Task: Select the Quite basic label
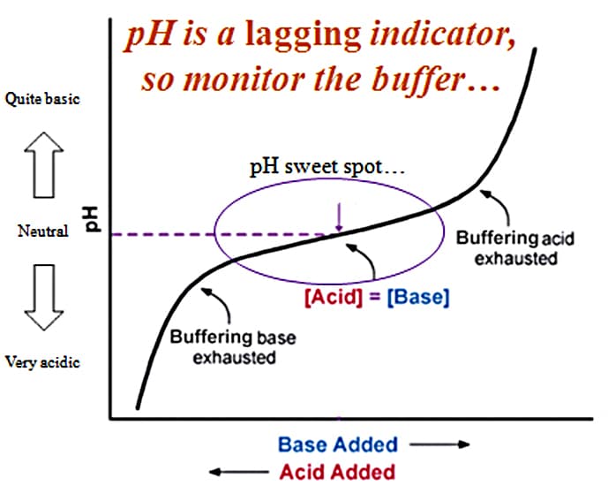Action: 42,99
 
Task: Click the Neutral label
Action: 43,231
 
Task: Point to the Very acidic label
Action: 42,362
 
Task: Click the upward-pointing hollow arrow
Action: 44,165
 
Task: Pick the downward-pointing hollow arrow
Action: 44,298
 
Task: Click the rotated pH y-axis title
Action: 93,220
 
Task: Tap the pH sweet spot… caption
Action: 327,167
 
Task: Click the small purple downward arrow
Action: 339,217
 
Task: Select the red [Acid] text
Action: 334,298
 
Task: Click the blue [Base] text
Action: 418,298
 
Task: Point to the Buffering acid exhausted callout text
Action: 515,248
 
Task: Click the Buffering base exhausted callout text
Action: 233,347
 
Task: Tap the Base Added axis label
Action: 338,444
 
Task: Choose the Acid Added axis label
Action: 337,472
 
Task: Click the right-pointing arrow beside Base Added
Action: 440,444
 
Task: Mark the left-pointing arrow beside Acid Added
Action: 239,472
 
